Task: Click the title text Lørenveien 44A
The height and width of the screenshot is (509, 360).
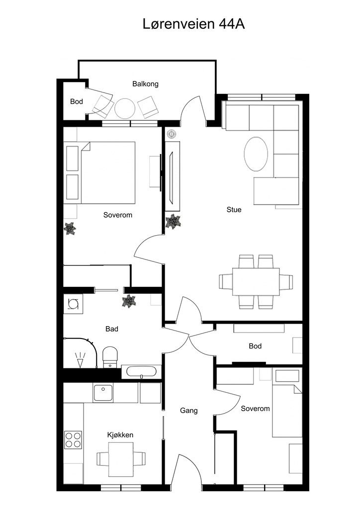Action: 193,24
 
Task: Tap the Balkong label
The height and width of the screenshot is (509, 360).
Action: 145,84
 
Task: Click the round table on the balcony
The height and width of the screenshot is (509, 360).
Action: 125,108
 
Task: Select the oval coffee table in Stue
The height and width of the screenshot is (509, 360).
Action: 256,154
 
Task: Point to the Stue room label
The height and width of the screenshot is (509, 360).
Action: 234,210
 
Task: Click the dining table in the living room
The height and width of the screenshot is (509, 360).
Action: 256,281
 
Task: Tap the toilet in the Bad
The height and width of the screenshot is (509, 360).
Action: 110,357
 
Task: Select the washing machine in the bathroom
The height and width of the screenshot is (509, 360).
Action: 73,304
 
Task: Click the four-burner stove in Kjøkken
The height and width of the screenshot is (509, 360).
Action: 73,439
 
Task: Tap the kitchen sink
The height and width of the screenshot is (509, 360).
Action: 103,393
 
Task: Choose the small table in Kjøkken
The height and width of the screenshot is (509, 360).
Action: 121,459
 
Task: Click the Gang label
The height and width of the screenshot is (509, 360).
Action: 188,411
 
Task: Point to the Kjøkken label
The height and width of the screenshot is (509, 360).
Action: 120,435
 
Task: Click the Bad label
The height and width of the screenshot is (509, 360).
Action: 112,329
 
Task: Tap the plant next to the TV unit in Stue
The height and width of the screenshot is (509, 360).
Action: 173,221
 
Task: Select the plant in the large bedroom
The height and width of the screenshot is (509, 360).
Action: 70,229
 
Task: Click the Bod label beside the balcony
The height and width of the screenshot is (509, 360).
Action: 76,101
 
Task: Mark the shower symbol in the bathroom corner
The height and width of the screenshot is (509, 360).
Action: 80,360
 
